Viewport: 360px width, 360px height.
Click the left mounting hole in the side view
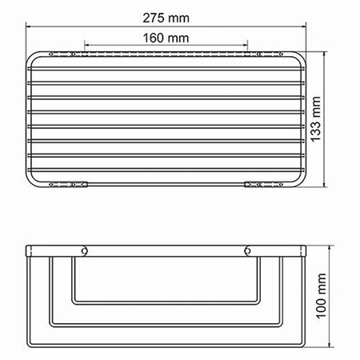pos(83,253)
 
